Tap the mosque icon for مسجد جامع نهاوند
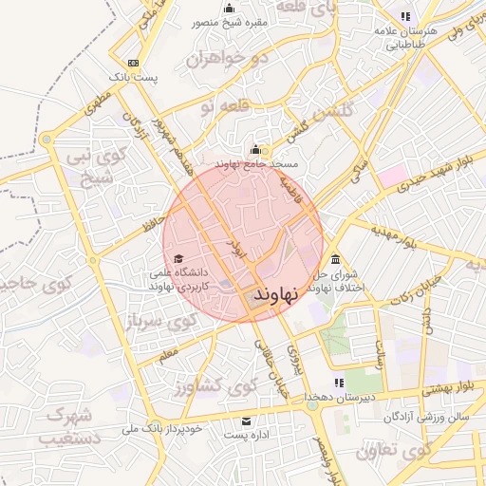pos(254,150)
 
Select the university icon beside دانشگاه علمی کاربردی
pos(178,258)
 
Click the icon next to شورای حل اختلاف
pos(334,261)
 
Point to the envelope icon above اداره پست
pos(247,421)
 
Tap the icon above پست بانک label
pos(132,62)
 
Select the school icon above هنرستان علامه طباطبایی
pos(406,16)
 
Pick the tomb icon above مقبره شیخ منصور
pos(229,8)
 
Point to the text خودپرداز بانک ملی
pos(162,429)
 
